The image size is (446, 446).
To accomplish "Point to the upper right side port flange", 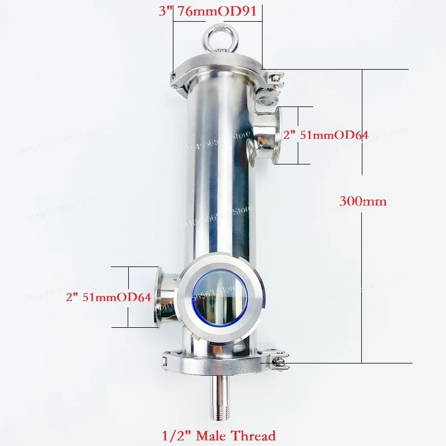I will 277,135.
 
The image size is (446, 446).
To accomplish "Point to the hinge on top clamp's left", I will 174,79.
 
